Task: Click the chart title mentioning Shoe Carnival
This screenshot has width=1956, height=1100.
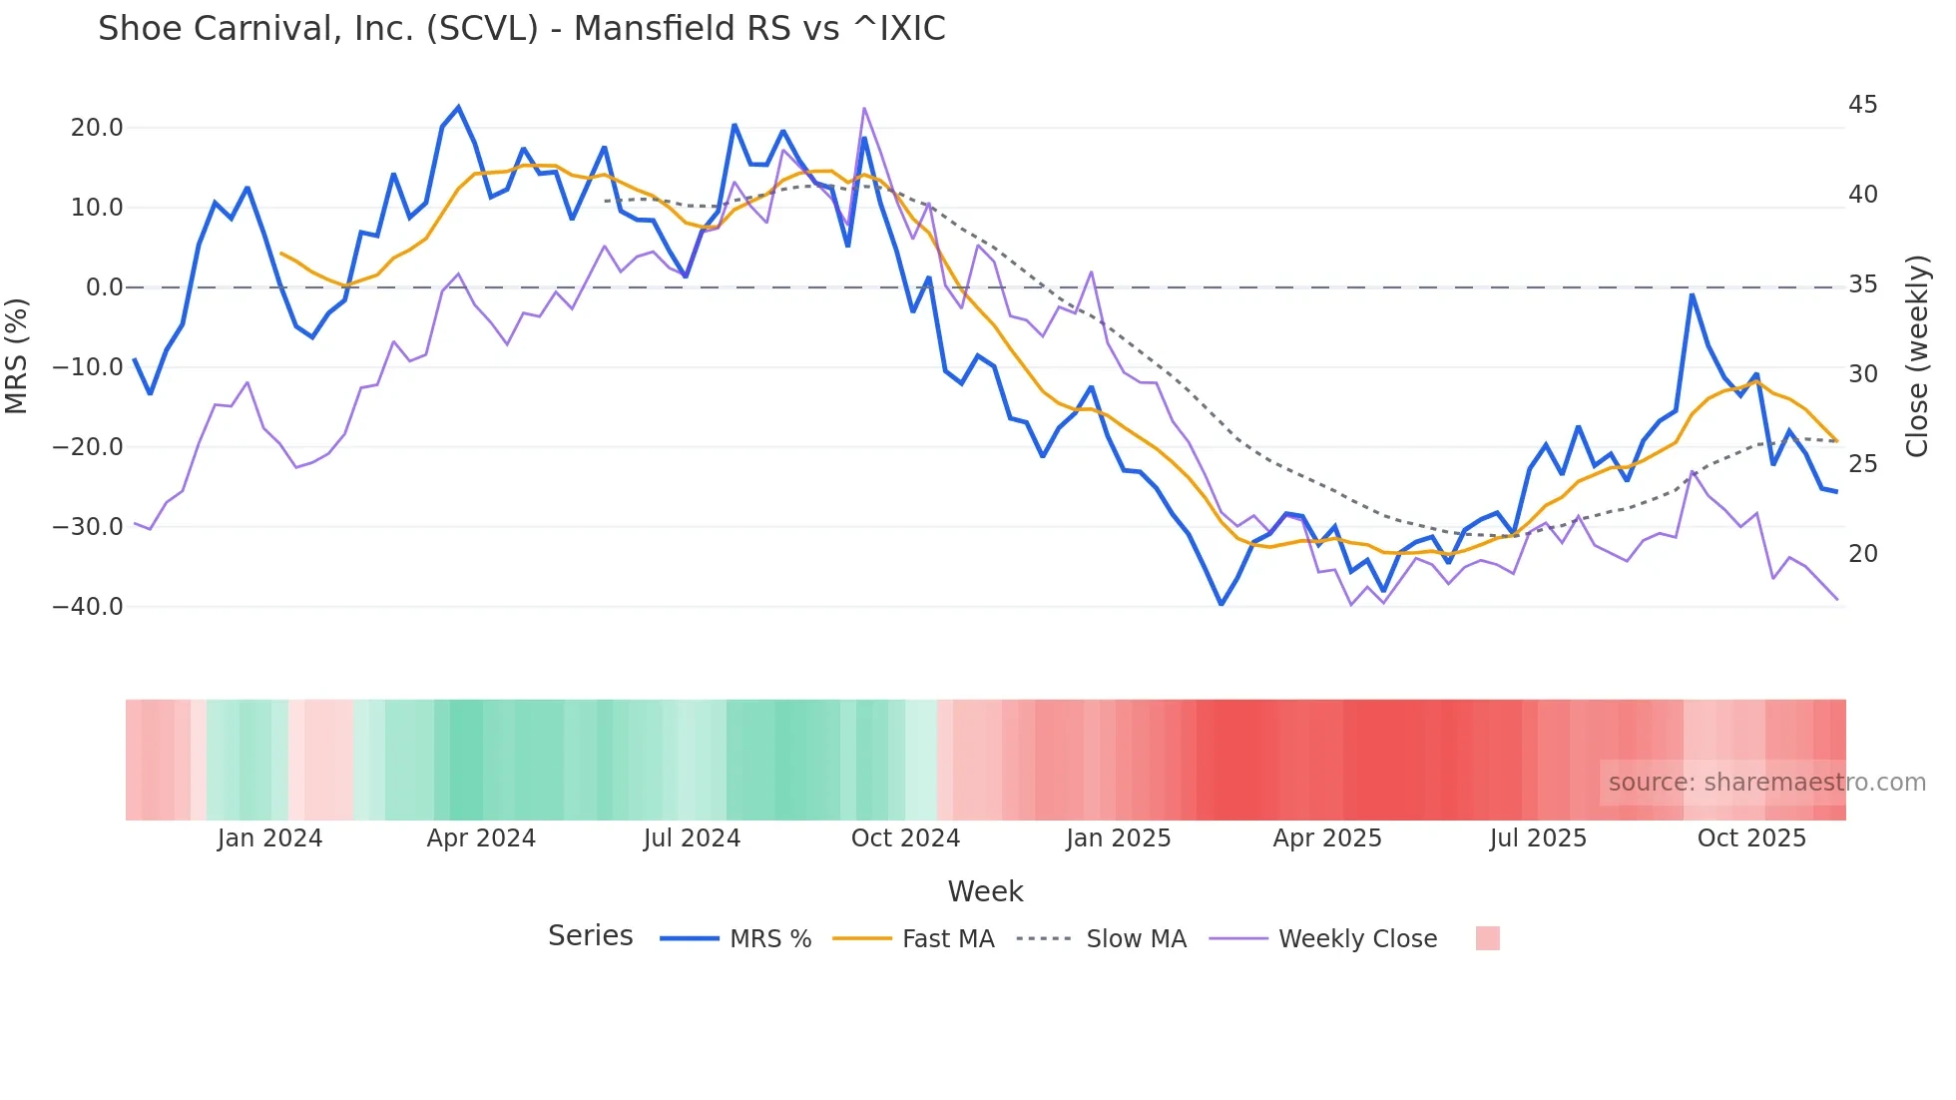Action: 521,29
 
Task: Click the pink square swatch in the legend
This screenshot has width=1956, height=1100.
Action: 1487,938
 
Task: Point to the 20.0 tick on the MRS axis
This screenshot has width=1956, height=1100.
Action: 97,128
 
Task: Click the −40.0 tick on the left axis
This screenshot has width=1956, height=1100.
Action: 88,607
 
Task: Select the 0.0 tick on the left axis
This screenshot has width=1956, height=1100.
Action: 104,287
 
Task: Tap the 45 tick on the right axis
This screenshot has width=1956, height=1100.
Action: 1862,105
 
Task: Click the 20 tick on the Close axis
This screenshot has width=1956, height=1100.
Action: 1862,554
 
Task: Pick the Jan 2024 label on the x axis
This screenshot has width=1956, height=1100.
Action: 269,838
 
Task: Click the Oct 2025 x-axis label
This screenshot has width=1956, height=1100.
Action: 1751,838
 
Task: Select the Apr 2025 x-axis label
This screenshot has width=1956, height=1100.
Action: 1327,838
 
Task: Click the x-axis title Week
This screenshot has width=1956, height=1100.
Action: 985,891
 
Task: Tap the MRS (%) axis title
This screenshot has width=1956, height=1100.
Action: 17,355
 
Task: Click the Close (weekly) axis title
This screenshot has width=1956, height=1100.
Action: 1916,355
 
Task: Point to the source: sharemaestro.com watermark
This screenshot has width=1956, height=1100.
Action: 1766,783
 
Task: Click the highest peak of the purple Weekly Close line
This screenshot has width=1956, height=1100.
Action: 863,109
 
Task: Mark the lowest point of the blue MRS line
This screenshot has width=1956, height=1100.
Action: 1221,604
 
